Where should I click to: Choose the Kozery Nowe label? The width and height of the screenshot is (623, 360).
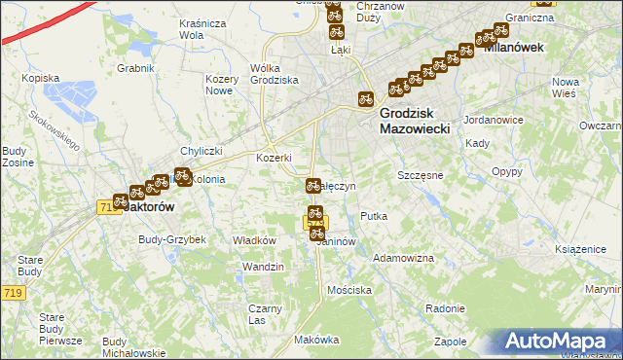(x=222, y=84)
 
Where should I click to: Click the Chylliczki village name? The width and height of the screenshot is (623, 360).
(x=202, y=151)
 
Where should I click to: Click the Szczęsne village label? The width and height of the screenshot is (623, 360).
(x=421, y=175)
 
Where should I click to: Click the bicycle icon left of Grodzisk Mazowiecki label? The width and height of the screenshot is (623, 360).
(x=365, y=98)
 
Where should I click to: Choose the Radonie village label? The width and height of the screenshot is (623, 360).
(x=445, y=307)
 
